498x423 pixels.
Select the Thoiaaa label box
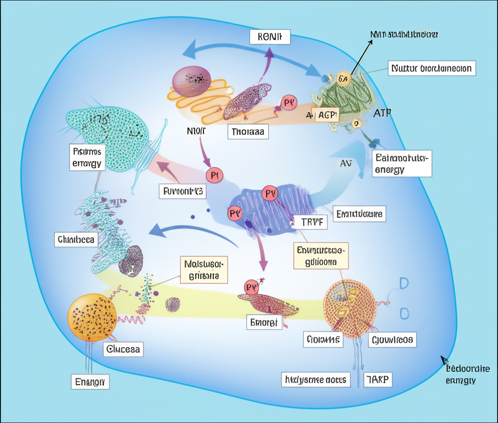click(x=248, y=131)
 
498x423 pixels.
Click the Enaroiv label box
click(x=90, y=381)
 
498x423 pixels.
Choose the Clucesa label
click(x=123, y=349)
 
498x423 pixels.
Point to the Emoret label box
click(x=264, y=322)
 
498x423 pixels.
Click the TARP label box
click(x=378, y=379)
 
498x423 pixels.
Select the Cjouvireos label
click(x=392, y=339)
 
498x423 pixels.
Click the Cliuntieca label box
click(x=76, y=239)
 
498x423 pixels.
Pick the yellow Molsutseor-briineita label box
click(x=204, y=270)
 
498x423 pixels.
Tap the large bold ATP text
click(x=383, y=113)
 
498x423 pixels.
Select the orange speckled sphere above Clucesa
click(x=92, y=316)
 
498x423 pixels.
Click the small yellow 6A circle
click(x=343, y=79)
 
